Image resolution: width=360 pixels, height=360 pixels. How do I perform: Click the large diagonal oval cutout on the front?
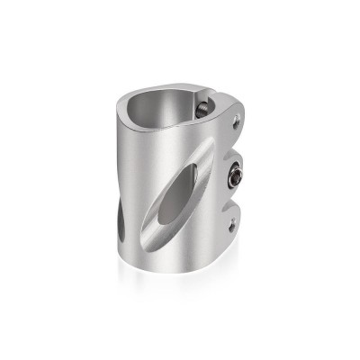pyautogui.click(x=184, y=190)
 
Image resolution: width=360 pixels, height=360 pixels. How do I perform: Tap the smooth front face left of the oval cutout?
pyautogui.click(x=148, y=180)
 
